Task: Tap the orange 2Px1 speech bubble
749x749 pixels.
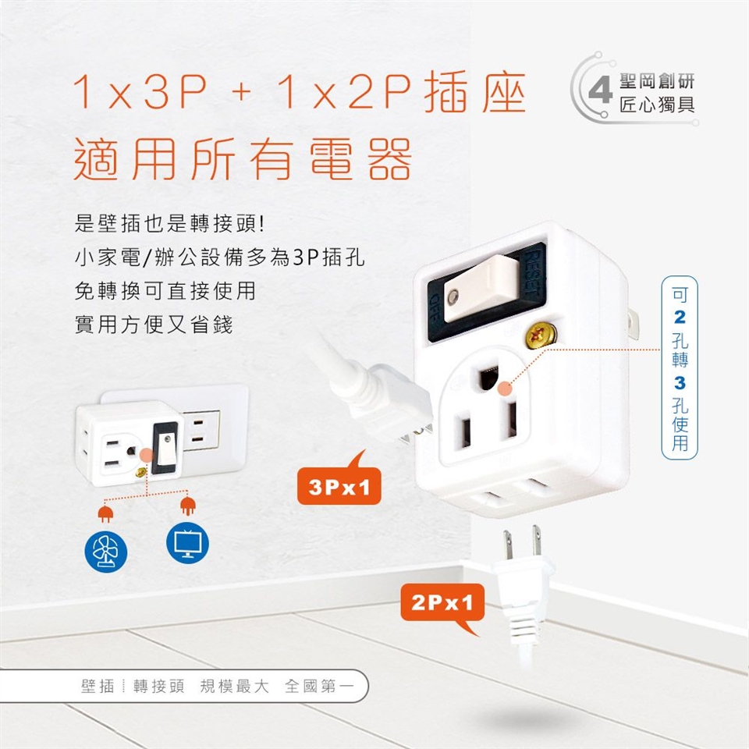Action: click(442, 605)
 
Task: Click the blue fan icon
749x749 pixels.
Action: click(105, 552)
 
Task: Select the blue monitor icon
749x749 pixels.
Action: click(188, 543)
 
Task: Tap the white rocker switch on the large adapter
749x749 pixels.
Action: click(481, 289)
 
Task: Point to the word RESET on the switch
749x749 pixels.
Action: click(534, 273)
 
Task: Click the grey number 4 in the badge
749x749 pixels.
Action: click(600, 91)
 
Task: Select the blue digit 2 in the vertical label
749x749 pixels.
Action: click(680, 317)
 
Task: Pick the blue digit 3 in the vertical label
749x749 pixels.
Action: click(680, 383)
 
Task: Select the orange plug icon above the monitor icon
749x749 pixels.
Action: click(188, 506)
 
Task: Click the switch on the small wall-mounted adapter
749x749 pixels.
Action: click(166, 449)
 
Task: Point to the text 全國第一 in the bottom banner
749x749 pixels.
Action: click(320, 687)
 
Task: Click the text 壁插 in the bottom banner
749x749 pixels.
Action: click(98, 687)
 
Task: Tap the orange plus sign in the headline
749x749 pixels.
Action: click(242, 92)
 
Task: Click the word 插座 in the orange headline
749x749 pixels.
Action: click(475, 92)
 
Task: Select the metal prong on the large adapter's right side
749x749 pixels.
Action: click(633, 325)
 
